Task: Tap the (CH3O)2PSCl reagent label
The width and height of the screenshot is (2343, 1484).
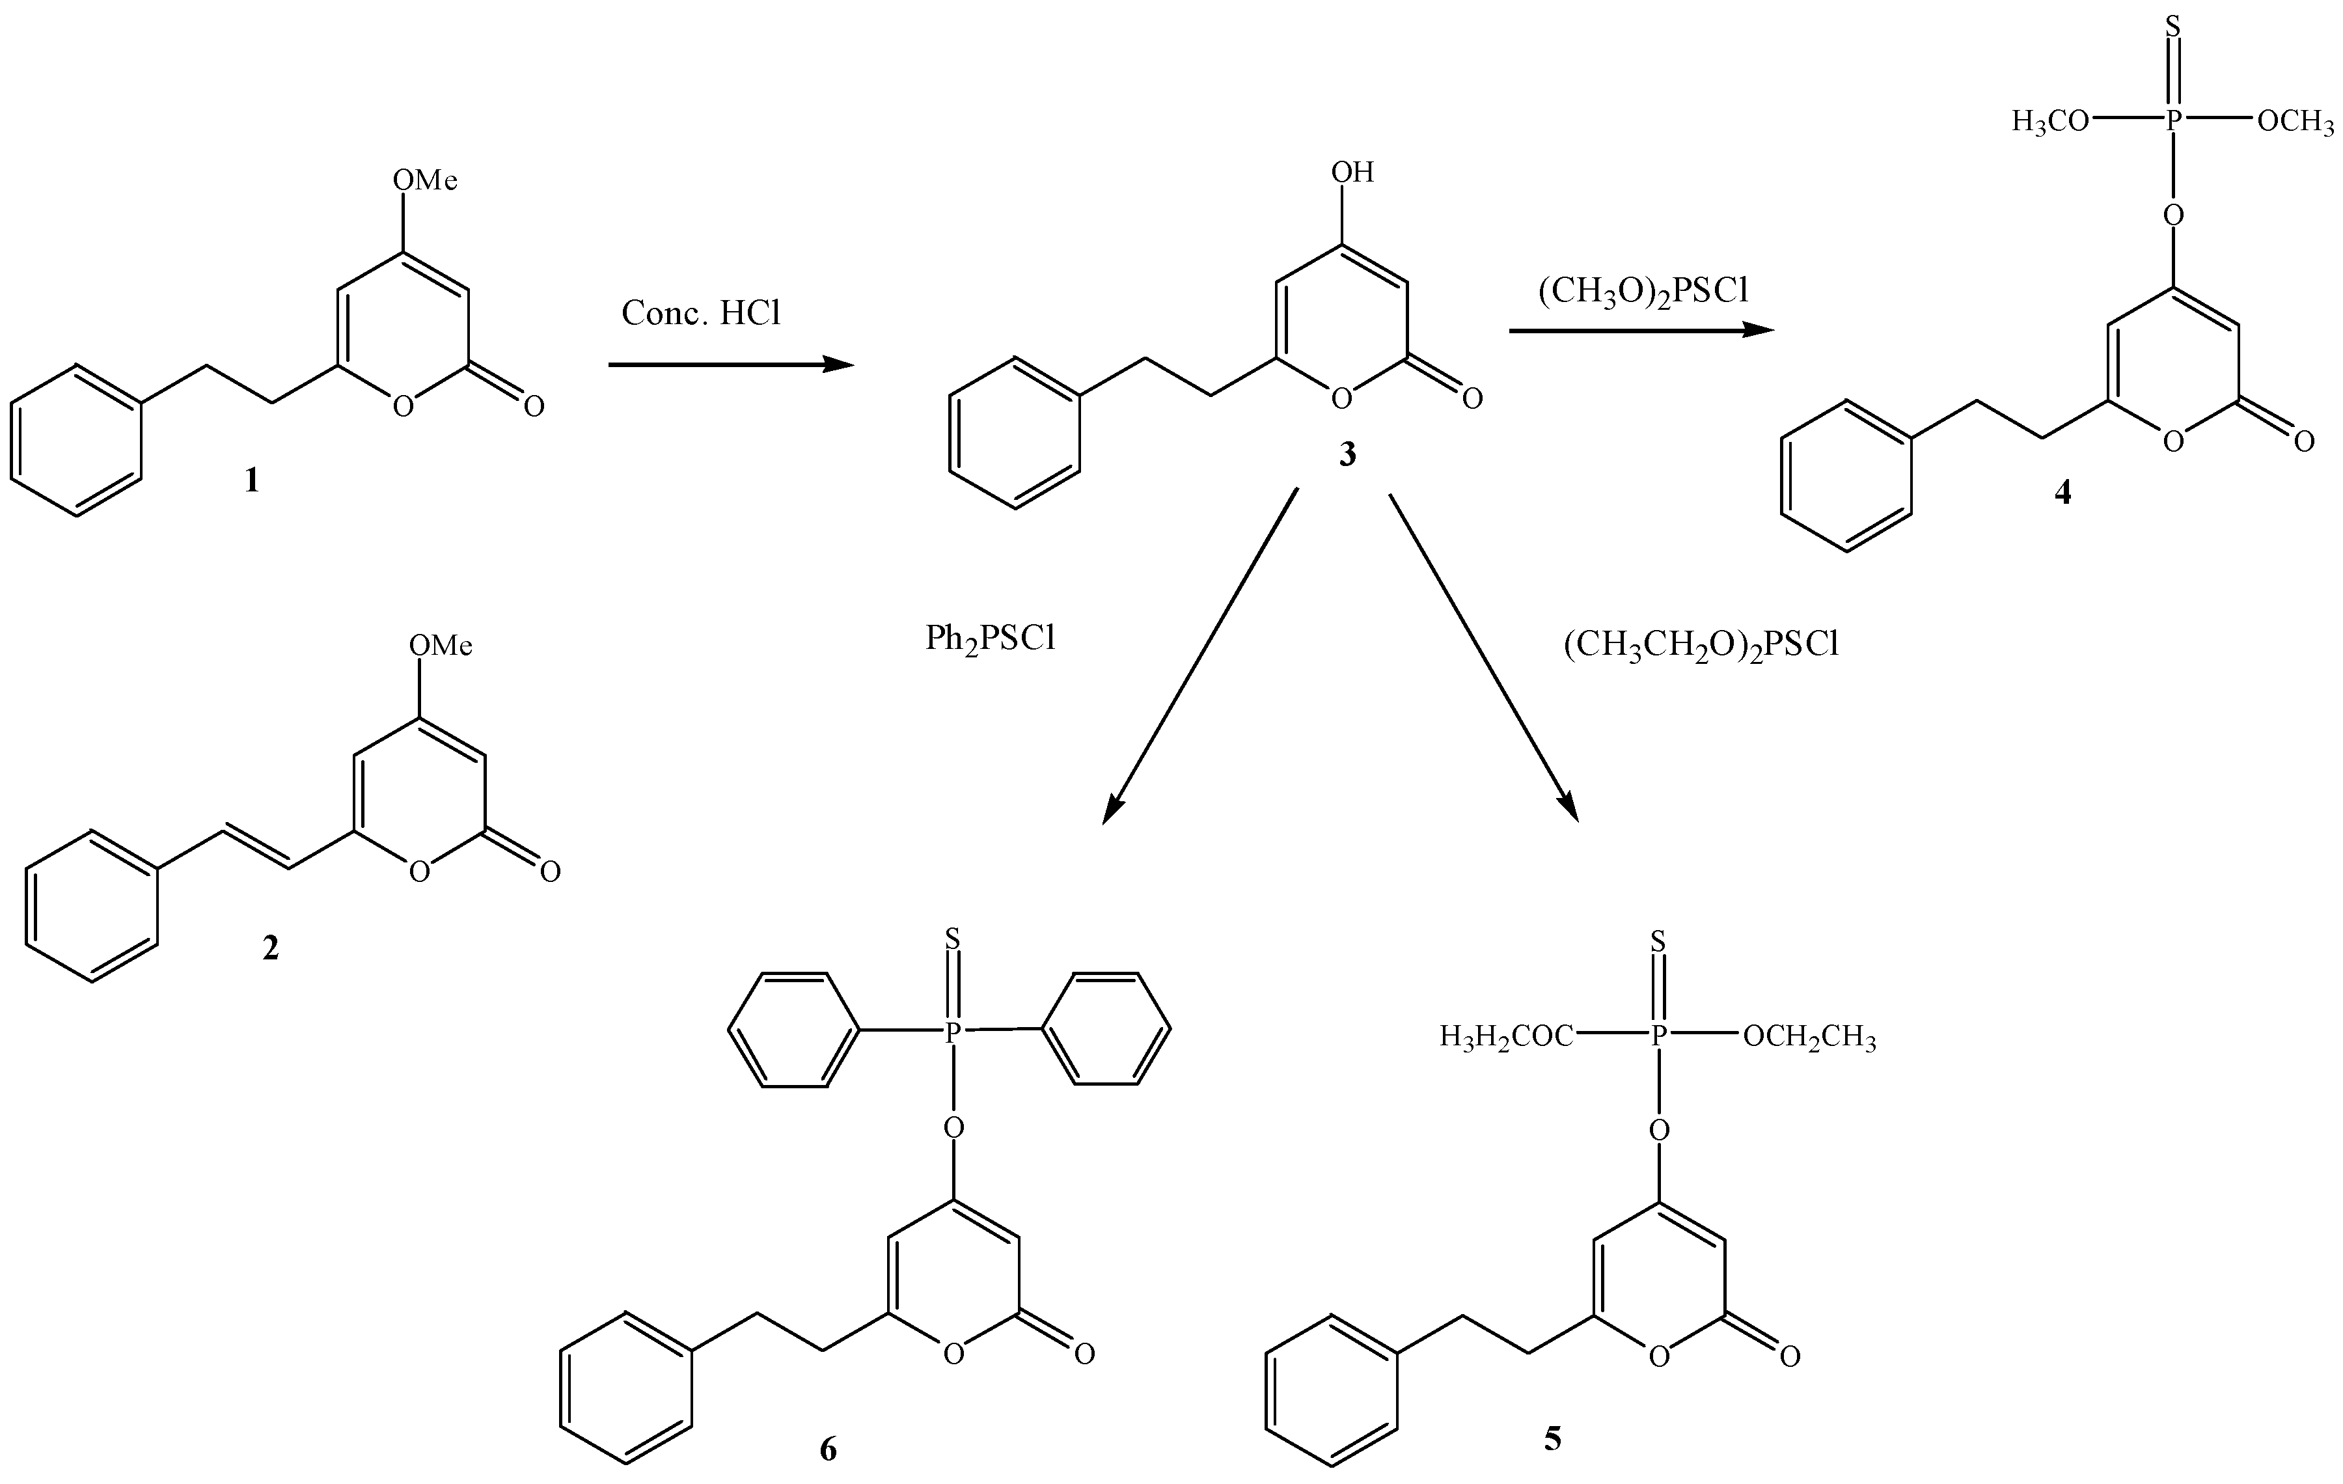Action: (x=1643, y=292)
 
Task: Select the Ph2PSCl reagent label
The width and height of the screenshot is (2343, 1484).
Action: (x=991, y=639)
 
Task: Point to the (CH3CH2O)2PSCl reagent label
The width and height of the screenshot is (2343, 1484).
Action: (x=1701, y=645)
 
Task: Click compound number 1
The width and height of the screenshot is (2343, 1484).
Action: (x=252, y=480)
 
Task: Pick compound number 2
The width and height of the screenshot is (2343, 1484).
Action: (x=271, y=947)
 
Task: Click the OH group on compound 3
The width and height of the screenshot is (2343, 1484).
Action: (x=1352, y=173)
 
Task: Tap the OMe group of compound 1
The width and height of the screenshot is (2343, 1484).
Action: (x=425, y=180)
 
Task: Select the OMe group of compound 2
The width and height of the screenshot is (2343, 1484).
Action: (x=441, y=645)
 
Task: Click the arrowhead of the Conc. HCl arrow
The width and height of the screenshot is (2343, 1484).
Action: (x=839, y=365)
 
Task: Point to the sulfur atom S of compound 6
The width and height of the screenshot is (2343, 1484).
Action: (x=953, y=939)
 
